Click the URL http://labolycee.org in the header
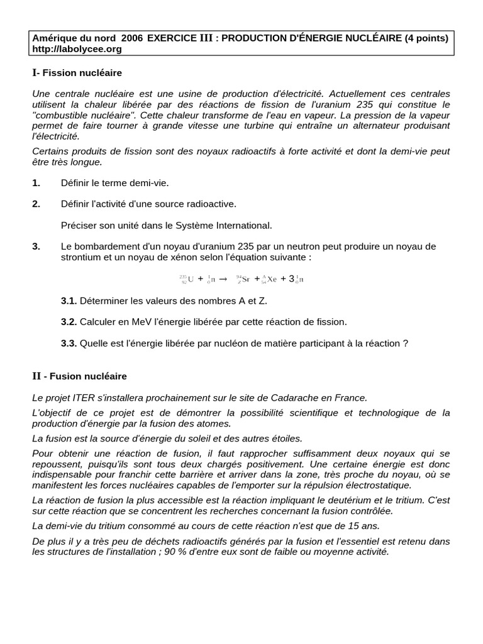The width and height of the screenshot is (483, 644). click(x=77, y=48)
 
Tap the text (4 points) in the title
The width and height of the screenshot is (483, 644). click(x=427, y=38)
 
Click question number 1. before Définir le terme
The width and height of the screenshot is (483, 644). click(x=36, y=182)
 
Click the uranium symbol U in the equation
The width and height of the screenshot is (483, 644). click(x=191, y=279)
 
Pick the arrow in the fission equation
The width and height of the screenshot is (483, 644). click(x=222, y=279)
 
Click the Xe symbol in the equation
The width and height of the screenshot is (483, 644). click(x=272, y=279)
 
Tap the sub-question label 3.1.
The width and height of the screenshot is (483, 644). click(x=69, y=301)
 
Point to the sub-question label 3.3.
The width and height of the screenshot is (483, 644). click(x=69, y=343)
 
